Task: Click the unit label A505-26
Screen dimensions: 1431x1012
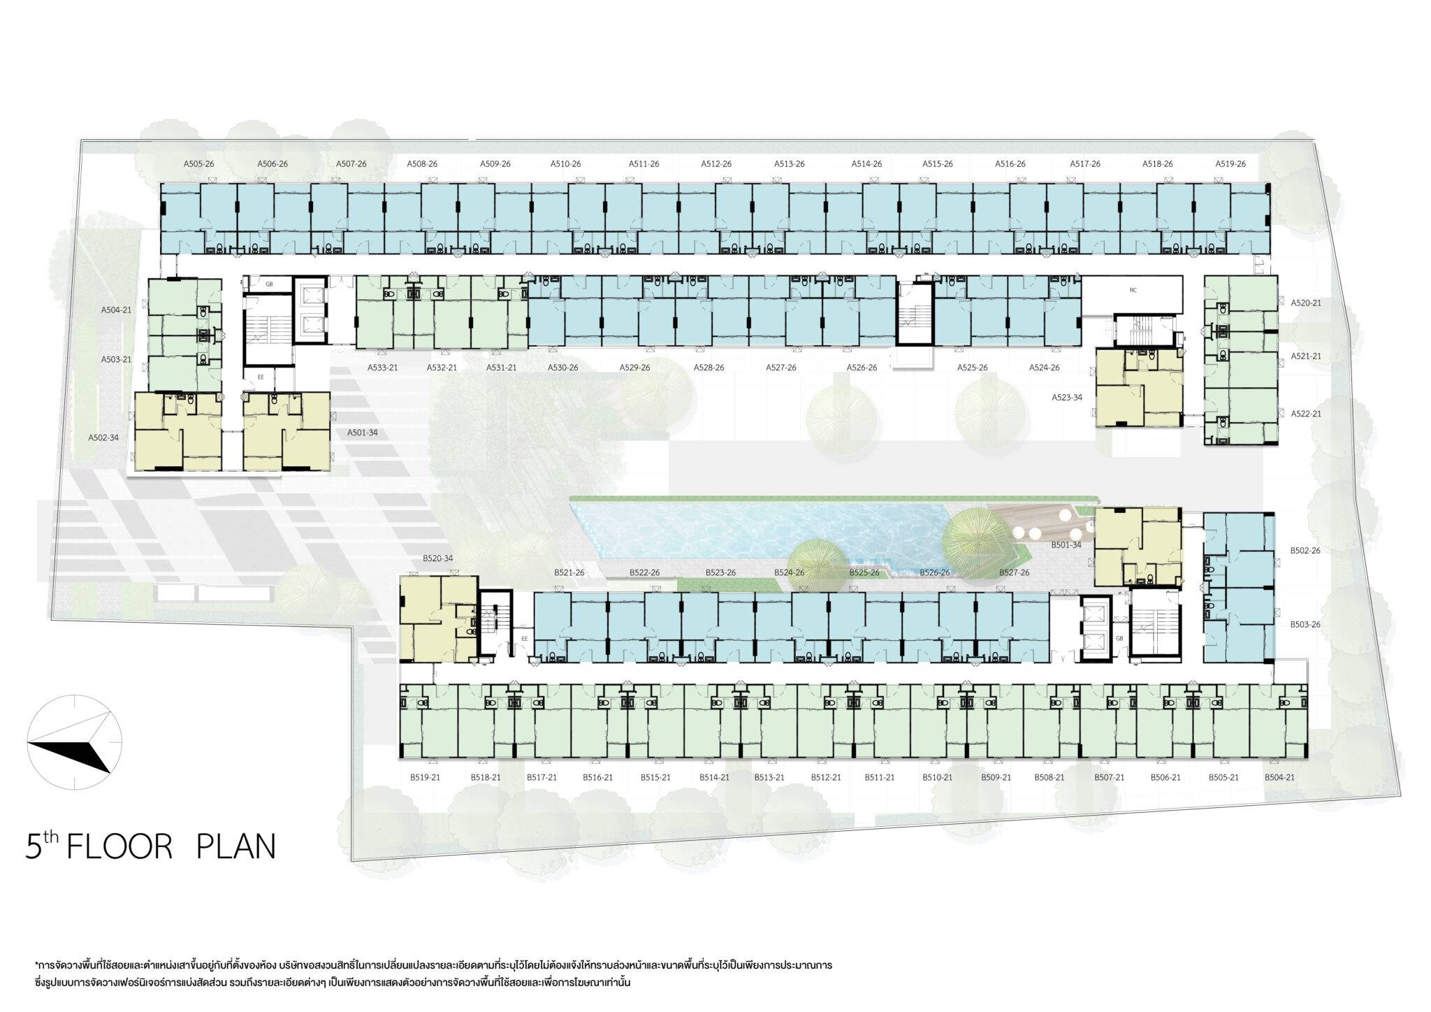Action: point(198,164)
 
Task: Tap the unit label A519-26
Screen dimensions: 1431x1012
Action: point(1230,164)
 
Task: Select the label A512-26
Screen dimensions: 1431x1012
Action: point(716,164)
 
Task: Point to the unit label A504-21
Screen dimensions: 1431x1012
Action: point(116,309)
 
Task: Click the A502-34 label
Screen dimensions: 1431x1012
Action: point(103,438)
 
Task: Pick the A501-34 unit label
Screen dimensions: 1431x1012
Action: point(362,433)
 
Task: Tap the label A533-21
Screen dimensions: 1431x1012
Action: point(382,368)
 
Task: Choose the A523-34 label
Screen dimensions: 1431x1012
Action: point(1067,397)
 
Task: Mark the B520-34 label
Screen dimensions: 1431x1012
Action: point(437,558)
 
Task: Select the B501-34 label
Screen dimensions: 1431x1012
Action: point(1066,545)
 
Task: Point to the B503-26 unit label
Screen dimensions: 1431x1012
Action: point(1305,624)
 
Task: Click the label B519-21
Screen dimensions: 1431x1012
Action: point(425,777)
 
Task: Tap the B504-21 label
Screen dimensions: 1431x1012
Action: point(1279,777)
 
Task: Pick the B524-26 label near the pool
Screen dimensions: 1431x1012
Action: point(789,572)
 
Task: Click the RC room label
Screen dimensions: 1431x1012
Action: point(1133,289)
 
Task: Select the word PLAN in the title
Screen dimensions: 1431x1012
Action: point(236,846)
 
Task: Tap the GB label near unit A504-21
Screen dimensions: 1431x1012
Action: point(269,285)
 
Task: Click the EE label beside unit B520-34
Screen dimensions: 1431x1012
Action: point(525,638)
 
